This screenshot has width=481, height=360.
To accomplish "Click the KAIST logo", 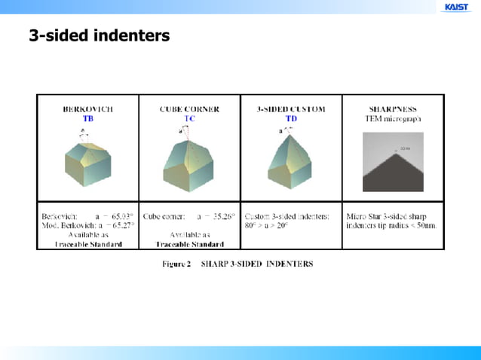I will click(456, 8).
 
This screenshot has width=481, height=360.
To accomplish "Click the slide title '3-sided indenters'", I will click(99, 35).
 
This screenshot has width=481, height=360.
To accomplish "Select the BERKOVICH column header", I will click(88, 109).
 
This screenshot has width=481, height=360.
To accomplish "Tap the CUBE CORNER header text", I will click(189, 109).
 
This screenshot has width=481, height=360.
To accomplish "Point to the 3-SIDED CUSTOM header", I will click(291, 109).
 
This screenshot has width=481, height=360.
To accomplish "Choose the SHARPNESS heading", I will click(393, 109).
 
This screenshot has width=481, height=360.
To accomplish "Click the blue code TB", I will click(88, 119).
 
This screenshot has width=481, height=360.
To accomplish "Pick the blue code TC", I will click(189, 119).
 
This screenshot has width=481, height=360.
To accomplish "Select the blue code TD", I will click(291, 119).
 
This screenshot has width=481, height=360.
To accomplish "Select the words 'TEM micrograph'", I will click(393, 119).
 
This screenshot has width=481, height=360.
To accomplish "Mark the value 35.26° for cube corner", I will click(222, 215).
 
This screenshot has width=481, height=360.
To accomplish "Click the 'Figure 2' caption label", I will click(177, 264).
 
